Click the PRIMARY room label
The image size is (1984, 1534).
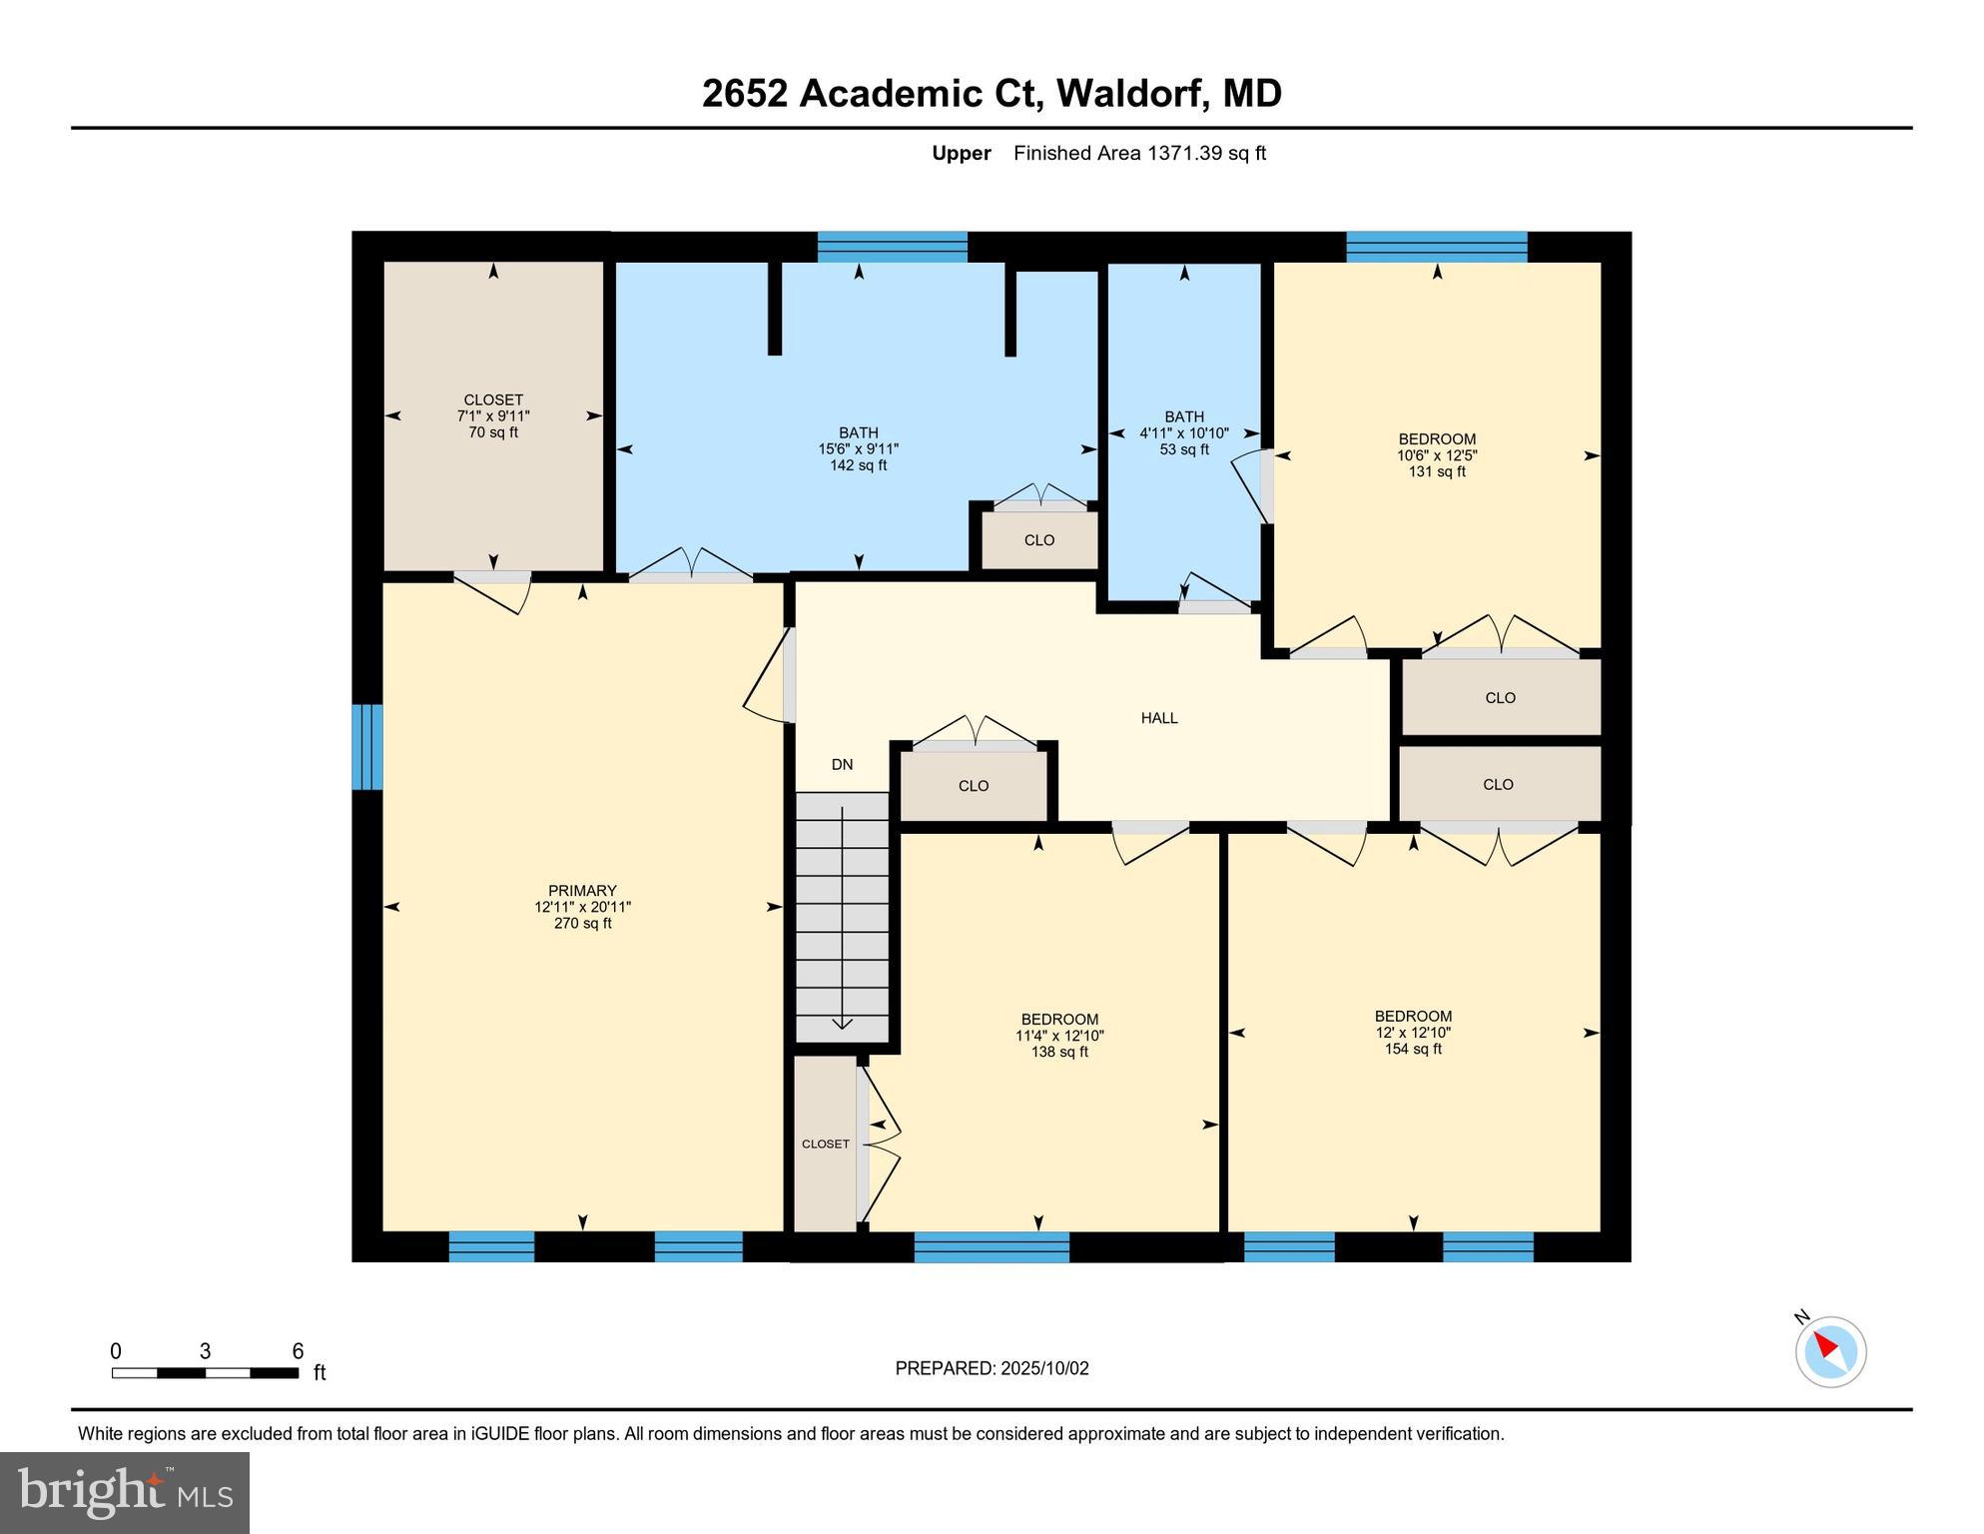click(x=582, y=891)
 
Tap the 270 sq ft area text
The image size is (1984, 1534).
click(x=582, y=924)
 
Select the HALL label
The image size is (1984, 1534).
click(x=1159, y=718)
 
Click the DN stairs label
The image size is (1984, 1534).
click(x=842, y=765)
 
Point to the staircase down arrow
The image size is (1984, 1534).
click(x=842, y=1019)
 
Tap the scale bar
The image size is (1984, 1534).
click(x=205, y=1373)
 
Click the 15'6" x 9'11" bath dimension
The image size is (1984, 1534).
click(x=858, y=449)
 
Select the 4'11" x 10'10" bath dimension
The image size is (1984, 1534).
click(x=1184, y=433)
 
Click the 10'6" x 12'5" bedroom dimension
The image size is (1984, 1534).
click(x=1437, y=455)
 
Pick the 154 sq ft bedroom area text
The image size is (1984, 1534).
click(x=1413, y=1049)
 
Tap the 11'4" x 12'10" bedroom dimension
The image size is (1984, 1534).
click(x=1059, y=1036)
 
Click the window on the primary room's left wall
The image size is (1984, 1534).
click(x=367, y=747)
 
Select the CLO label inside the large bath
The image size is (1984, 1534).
click(x=1039, y=540)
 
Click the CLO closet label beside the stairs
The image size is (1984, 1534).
click(x=974, y=786)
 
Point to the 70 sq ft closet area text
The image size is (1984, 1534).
click(x=493, y=432)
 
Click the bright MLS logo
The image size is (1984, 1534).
click(x=125, y=1492)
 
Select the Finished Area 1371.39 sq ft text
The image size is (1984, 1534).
click(x=1139, y=154)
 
